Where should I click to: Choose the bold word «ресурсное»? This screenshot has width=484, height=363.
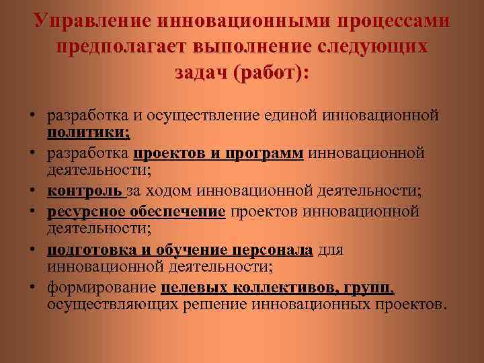click(x=85, y=212)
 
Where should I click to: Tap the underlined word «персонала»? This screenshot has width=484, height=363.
click(x=272, y=250)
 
